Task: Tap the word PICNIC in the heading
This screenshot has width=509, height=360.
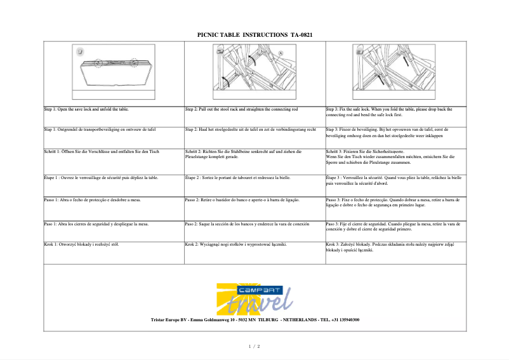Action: coord(209,35)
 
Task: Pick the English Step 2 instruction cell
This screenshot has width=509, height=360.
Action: coord(241,109)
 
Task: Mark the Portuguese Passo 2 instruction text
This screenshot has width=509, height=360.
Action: coord(242,200)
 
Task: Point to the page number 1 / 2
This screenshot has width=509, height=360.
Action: coord(254,346)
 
